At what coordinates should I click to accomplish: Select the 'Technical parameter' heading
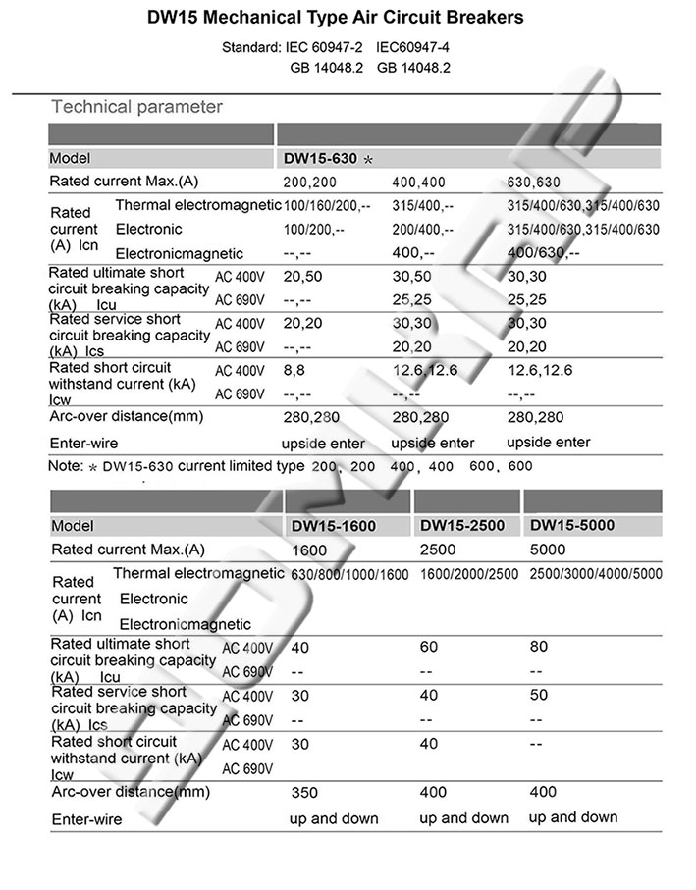point(136,106)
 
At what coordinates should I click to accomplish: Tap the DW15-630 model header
point(321,157)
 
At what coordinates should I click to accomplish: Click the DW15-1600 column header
point(335,526)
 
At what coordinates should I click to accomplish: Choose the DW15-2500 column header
point(461,526)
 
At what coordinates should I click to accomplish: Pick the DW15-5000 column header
point(571,526)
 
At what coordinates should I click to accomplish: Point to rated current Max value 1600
point(309,550)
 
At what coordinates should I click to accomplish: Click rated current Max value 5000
point(546,550)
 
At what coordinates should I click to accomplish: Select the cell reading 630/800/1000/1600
point(349,574)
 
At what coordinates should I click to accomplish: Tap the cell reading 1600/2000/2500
point(469,574)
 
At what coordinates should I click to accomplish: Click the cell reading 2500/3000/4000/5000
point(595,574)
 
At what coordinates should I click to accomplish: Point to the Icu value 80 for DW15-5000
point(538,647)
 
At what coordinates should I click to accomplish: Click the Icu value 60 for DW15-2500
point(428,647)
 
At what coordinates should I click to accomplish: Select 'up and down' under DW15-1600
point(333,817)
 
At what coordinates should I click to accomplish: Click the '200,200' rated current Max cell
point(310,183)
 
